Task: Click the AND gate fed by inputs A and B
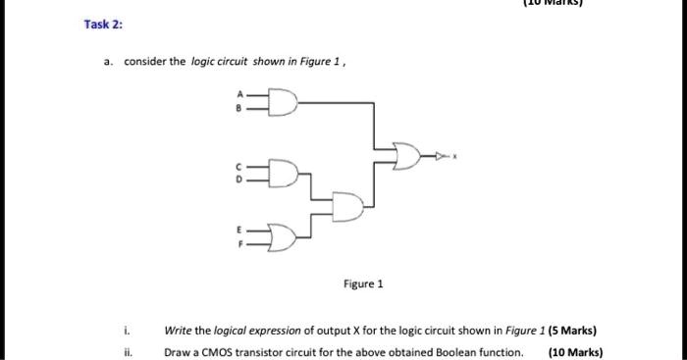[x=281, y=101]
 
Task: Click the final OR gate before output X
[x=403, y=155]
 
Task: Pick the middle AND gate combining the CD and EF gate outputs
[x=347, y=204]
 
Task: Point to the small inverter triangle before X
[x=442, y=155]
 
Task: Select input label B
[x=237, y=108]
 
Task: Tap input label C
[x=237, y=167]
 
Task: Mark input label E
[x=237, y=228]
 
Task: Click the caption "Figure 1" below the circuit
[x=363, y=284]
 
